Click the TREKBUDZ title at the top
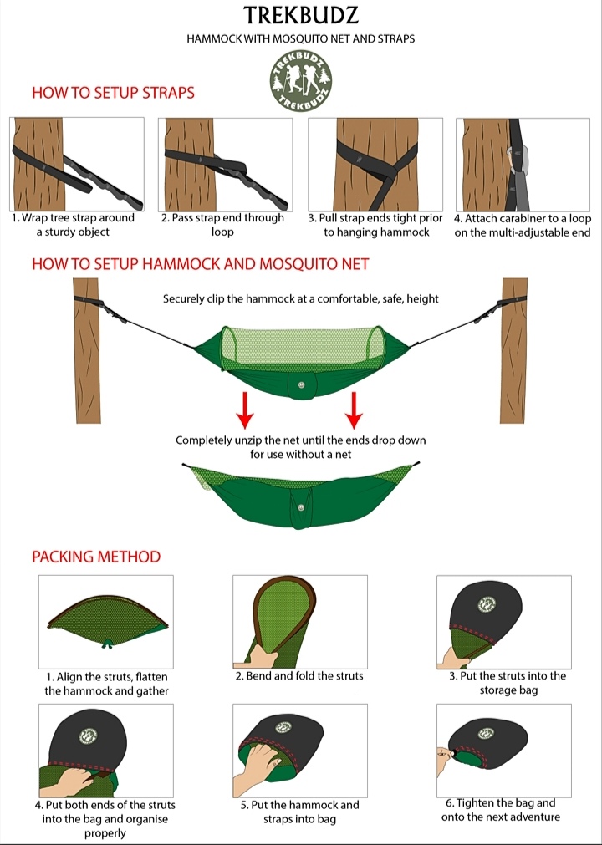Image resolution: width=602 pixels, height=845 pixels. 301,16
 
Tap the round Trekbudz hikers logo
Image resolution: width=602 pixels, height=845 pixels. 301,82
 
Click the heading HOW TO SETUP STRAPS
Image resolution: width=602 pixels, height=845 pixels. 113,93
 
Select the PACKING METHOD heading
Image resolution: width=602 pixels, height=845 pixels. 96,557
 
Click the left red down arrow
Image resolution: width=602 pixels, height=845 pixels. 245,410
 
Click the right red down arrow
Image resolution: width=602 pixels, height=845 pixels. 354,410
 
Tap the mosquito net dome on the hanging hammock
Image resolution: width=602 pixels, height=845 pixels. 302,349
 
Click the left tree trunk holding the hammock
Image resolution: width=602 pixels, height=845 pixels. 87,350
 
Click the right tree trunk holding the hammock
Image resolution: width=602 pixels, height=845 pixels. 513,350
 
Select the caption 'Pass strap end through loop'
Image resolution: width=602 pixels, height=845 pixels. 222,225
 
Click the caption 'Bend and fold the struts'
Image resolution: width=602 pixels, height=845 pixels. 299,676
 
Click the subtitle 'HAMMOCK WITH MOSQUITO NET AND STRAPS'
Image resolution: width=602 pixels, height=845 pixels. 301,38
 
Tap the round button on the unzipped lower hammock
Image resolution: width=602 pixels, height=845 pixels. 301,507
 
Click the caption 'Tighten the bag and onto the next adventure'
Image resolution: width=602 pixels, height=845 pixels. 501,810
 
